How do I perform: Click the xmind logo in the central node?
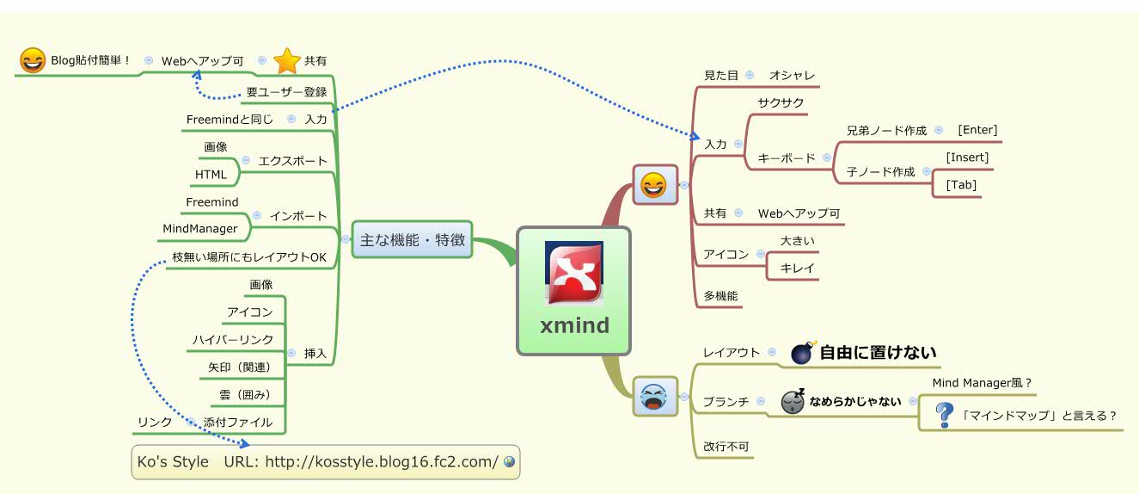coord(573,273)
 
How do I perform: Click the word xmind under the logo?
coord(574,326)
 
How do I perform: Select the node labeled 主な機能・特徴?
coord(413,240)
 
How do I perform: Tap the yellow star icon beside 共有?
coord(285,61)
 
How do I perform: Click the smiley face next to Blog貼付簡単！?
coord(32,61)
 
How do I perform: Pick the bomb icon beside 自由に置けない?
coord(801,352)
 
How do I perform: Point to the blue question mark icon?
coord(945,416)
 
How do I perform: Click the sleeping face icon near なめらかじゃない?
coord(793,401)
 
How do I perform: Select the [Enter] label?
coord(977,130)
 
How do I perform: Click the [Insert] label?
coord(967,157)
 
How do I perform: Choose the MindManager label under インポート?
coord(200,228)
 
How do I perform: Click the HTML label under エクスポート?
coord(211,175)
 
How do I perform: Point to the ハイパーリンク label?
coord(233,340)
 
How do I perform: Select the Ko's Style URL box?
coord(326,462)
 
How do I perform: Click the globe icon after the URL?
coord(509,462)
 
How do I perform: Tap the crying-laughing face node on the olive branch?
coord(653,397)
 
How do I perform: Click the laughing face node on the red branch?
coord(653,185)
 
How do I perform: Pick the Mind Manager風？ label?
coord(981,383)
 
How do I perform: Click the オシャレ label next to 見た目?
coord(792,76)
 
